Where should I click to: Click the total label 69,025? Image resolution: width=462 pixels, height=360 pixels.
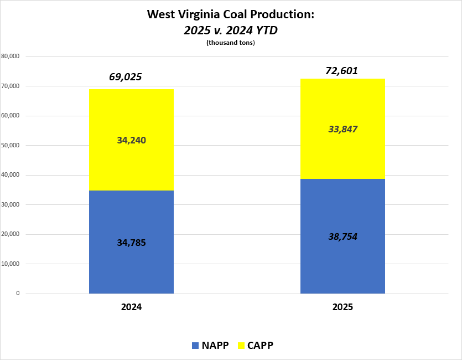pyautogui.click(x=125, y=77)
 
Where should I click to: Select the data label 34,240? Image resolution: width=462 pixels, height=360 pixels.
pyautogui.click(x=131, y=141)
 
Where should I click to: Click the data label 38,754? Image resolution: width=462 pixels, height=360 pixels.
pyautogui.click(x=342, y=236)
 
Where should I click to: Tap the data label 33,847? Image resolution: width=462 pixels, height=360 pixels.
pyautogui.click(x=342, y=130)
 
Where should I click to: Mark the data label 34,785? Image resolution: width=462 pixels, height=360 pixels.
pyautogui.click(x=131, y=242)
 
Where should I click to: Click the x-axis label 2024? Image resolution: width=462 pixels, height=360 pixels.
pyautogui.click(x=131, y=307)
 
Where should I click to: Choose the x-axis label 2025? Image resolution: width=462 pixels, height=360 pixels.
pyautogui.click(x=342, y=307)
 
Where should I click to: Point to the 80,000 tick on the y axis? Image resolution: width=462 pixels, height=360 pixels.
pyautogui.click(x=11, y=56)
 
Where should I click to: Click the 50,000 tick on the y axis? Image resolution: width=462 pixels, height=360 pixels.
pyautogui.click(x=11, y=146)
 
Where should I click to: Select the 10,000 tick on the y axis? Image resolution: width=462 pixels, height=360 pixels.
pyautogui.click(x=11, y=264)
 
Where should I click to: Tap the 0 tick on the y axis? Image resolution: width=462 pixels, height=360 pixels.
pyautogui.click(x=18, y=294)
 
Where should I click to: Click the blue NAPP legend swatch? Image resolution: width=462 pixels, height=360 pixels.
pyautogui.click(x=195, y=346)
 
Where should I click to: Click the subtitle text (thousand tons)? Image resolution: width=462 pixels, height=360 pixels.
pyautogui.click(x=230, y=43)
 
